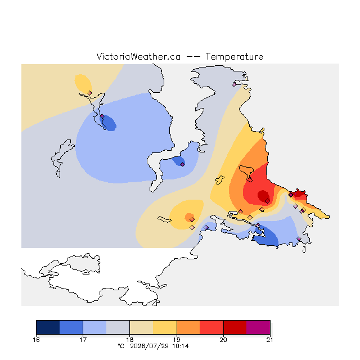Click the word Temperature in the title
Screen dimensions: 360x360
click(234, 56)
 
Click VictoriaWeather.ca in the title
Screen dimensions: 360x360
click(138, 56)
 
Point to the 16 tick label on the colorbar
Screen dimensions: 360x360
click(36, 340)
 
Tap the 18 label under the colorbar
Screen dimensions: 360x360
click(130, 340)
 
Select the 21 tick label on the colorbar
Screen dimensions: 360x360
click(270, 340)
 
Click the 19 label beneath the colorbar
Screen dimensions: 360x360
click(177, 340)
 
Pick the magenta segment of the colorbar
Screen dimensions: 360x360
click(258, 327)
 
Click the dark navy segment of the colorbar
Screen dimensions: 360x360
click(48, 327)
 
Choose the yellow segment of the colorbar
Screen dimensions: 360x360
click(165, 327)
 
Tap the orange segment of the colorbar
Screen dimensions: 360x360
click(188, 327)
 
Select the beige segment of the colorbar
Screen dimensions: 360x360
click(141, 327)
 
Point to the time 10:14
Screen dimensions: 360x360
click(181, 346)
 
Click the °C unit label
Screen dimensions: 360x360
click(121, 346)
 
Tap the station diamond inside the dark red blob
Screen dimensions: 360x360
click(268, 201)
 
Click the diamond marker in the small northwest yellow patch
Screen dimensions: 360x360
click(90, 93)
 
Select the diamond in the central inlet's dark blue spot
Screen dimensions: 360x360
click(182, 164)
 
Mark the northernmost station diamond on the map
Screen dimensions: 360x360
click(234, 85)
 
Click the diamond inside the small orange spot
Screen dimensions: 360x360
click(192, 220)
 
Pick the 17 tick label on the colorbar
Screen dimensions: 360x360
click(83, 340)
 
